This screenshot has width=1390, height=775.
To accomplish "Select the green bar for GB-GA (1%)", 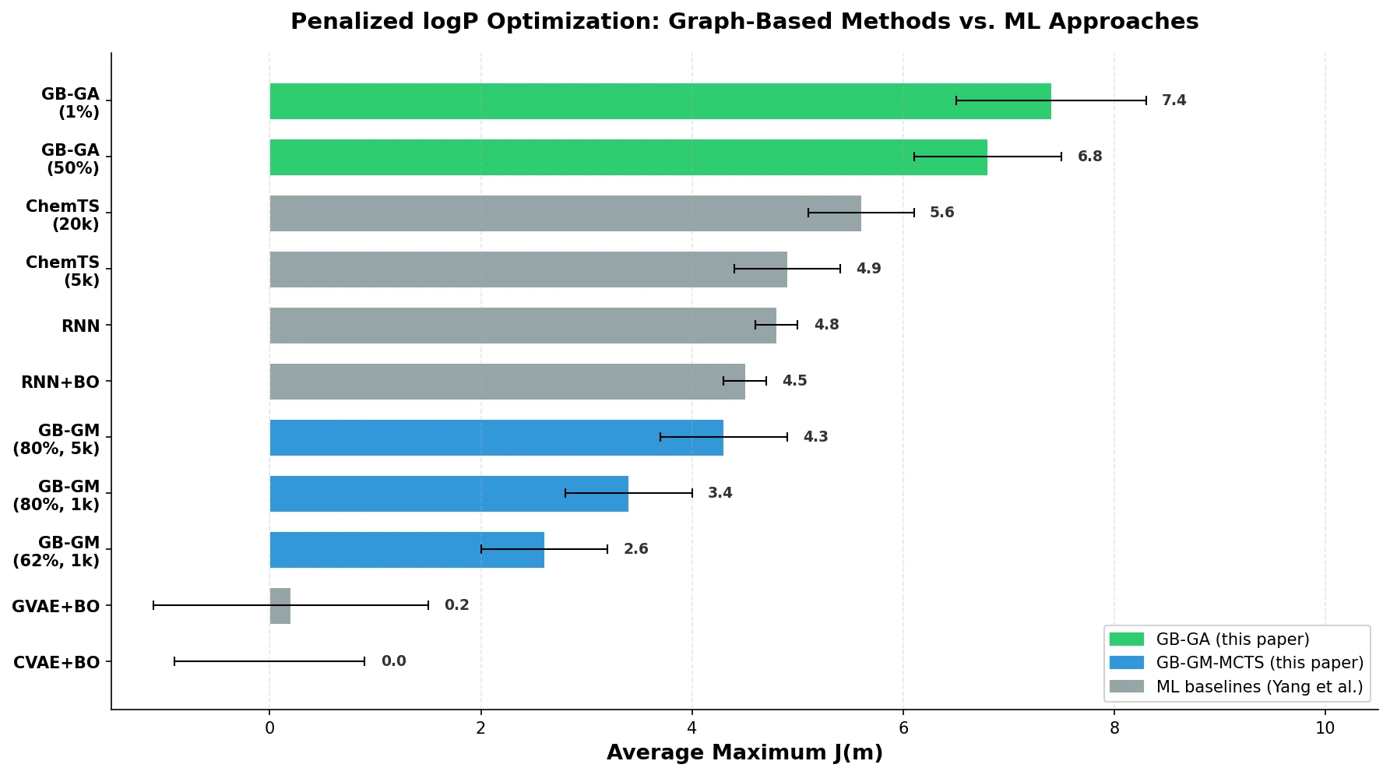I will tap(660, 101).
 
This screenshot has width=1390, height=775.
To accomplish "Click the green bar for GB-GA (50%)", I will tap(628, 157).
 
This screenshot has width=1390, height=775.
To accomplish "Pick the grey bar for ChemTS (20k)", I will tap(565, 213).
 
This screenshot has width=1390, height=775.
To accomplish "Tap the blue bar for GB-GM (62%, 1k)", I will tap(406, 550).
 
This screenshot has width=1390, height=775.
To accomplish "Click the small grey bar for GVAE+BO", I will tap(280, 606).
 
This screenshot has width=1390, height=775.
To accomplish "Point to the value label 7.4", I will tap(1174, 100).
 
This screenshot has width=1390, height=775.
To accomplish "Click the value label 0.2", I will tap(456, 605).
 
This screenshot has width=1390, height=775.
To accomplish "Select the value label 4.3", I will tap(815, 437).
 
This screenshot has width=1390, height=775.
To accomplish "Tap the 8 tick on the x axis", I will tap(1114, 728).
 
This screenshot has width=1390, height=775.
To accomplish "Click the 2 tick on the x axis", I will tap(481, 728).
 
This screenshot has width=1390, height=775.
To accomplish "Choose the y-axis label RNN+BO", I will tap(60, 382).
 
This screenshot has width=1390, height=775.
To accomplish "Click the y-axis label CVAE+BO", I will tap(56, 663).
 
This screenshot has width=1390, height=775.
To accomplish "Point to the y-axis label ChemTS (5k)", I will tap(62, 271).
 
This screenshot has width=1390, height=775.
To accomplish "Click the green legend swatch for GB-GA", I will tap(1126, 639).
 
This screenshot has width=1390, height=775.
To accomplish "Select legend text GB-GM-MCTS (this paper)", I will tap(1259, 663).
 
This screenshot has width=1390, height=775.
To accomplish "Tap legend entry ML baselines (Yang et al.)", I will tap(1259, 687).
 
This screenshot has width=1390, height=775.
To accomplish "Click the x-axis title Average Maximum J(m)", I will tap(744, 753).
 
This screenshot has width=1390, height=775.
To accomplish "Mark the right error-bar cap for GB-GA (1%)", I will tap(1146, 100).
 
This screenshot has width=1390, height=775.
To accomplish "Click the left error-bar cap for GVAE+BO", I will tap(153, 605).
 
